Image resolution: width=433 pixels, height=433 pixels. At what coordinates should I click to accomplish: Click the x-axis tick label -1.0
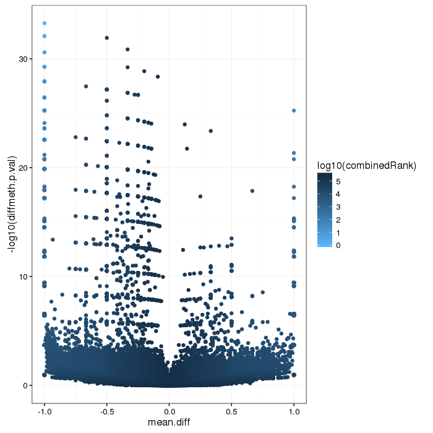(x=44, y=410)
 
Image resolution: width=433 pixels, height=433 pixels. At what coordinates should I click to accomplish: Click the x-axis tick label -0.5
(x=106, y=410)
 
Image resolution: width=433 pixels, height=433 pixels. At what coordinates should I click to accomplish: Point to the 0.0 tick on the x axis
(x=169, y=410)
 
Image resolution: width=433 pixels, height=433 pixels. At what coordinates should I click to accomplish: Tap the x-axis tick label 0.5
(x=231, y=410)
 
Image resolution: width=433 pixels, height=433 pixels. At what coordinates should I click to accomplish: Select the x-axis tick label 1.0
(x=294, y=410)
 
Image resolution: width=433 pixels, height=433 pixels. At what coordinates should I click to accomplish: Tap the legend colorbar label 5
(x=337, y=181)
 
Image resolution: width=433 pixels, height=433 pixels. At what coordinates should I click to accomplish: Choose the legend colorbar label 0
(x=337, y=246)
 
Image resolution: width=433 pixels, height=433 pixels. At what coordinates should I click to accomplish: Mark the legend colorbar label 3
(x=337, y=207)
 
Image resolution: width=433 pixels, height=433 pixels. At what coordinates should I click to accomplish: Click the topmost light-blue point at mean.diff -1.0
(x=44, y=24)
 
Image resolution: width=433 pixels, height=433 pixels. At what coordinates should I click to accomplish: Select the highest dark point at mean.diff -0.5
(x=106, y=38)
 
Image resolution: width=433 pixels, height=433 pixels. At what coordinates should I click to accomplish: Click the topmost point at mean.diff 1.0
(x=294, y=111)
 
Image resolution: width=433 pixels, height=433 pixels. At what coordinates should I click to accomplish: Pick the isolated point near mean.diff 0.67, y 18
(x=252, y=191)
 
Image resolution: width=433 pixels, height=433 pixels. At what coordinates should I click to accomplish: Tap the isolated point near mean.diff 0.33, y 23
(x=211, y=131)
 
